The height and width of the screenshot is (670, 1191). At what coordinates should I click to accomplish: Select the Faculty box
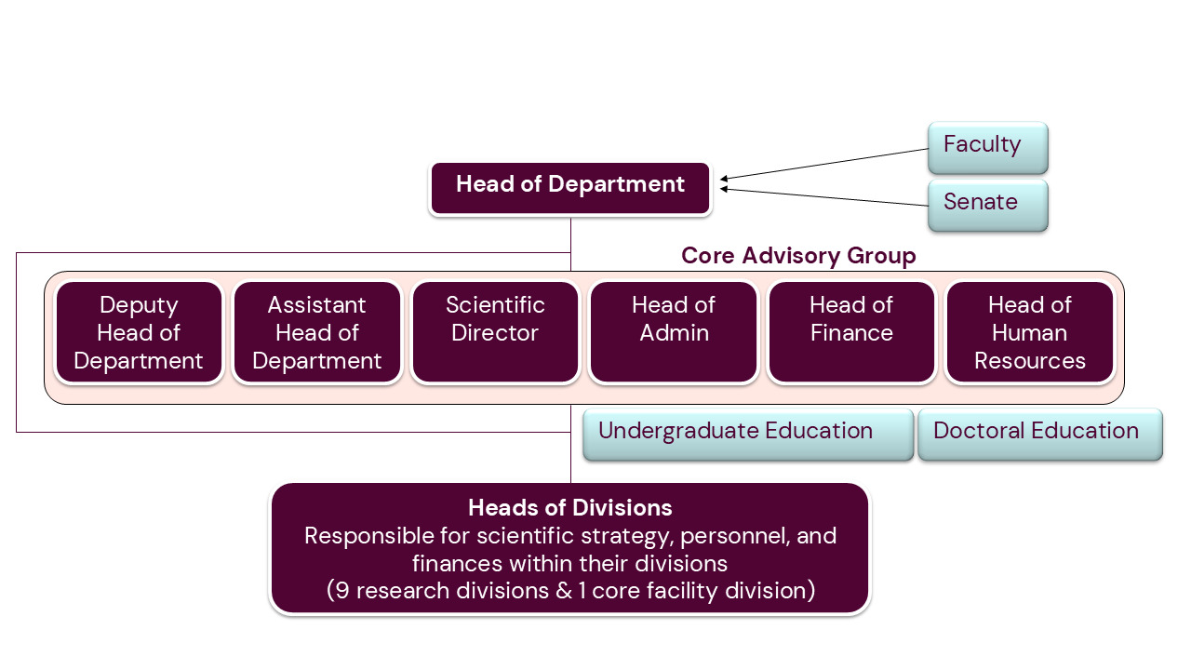[987, 146]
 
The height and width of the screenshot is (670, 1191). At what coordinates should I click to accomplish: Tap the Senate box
[987, 204]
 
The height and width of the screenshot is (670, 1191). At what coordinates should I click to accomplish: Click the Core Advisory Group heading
[798, 256]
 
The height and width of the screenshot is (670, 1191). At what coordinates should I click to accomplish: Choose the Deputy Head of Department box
[139, 332]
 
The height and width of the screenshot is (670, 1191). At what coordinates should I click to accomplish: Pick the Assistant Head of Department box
[317, 332]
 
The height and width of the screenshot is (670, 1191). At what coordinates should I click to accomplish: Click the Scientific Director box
[495, 332]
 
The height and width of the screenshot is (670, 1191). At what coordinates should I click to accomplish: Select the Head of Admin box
[674, 332]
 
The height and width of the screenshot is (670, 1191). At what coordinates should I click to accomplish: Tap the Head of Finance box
[851, 332]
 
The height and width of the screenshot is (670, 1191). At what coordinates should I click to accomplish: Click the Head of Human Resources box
[1030, 332]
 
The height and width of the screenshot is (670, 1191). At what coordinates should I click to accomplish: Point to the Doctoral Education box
[1039, 433]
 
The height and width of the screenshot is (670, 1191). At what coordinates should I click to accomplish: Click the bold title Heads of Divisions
[569, 508]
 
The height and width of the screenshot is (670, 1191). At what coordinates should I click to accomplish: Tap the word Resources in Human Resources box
[1030, 361]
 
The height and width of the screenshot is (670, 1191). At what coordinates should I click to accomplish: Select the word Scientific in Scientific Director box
[495, 305]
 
